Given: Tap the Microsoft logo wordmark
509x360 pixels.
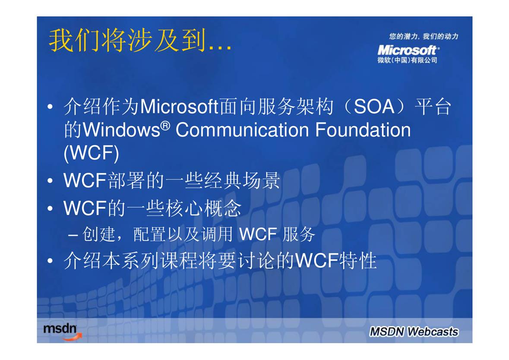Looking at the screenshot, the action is (x=408, y=51).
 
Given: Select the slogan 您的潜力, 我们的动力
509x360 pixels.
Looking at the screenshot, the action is (x=423, y=36).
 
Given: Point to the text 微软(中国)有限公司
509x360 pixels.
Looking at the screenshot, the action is (x=407, y=60).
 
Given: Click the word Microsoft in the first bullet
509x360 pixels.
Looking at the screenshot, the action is (x=179, y=107).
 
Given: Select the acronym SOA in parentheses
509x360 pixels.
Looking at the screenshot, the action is (x=374, y=107).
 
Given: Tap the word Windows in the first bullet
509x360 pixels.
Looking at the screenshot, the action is (x=122, y=130).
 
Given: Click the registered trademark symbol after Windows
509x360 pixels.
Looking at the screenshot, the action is (x=165, y=125).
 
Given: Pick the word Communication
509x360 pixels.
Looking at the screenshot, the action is (x=242, y=130).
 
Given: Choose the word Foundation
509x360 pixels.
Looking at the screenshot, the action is (x=363, y=130).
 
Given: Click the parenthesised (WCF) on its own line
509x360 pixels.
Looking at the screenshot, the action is (x=92, y=153).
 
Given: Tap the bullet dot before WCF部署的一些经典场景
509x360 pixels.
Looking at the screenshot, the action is (x=50, y=181).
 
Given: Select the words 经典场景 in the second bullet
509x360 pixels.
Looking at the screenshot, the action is (x=242, y=180).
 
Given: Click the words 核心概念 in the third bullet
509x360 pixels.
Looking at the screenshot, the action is (x=203, y=208).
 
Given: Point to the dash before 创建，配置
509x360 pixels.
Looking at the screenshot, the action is (x=73, y=235).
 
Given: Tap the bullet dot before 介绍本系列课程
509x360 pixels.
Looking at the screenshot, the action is (x=50, y=261).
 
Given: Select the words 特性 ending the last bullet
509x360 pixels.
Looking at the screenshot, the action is (x=358, y=260).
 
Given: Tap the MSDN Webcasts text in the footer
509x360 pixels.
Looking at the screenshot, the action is (x=414, y=332).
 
